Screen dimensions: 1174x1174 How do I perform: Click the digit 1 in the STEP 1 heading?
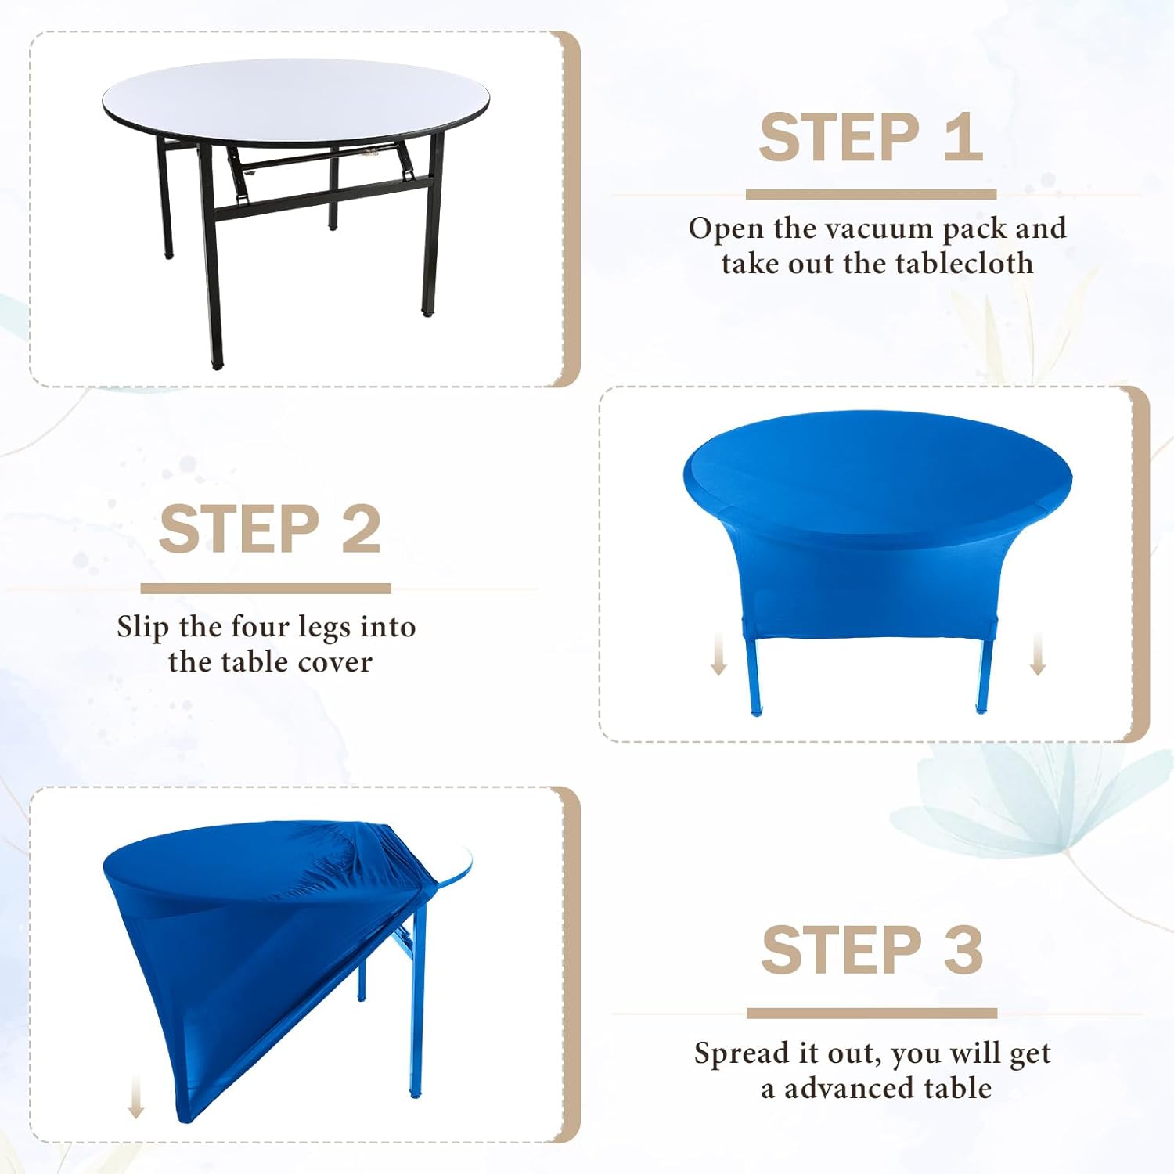pyautogui.click(x=963, y=137)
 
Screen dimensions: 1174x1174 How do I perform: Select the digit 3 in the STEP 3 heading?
pyautogui.click(x=963, y=949)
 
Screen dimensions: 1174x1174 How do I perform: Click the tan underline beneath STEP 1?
pyautogui.click(x=871, y=193)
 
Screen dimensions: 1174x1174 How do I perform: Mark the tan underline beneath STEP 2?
pyautogui.click(x=266, y=588)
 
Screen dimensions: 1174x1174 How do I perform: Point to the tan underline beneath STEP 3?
pyautogui.click(x=872, y=1013)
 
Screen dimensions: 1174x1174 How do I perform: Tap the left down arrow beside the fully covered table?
pyautogui.click(x=718, y=654)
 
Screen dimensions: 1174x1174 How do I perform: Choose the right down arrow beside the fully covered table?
pyautogui.click(x=1038, y=654)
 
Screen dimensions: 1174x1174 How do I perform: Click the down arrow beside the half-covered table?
pyautogui.click(x=136, y=1098)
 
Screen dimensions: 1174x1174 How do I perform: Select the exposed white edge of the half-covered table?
pyautogui.click(x=455, y=869)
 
